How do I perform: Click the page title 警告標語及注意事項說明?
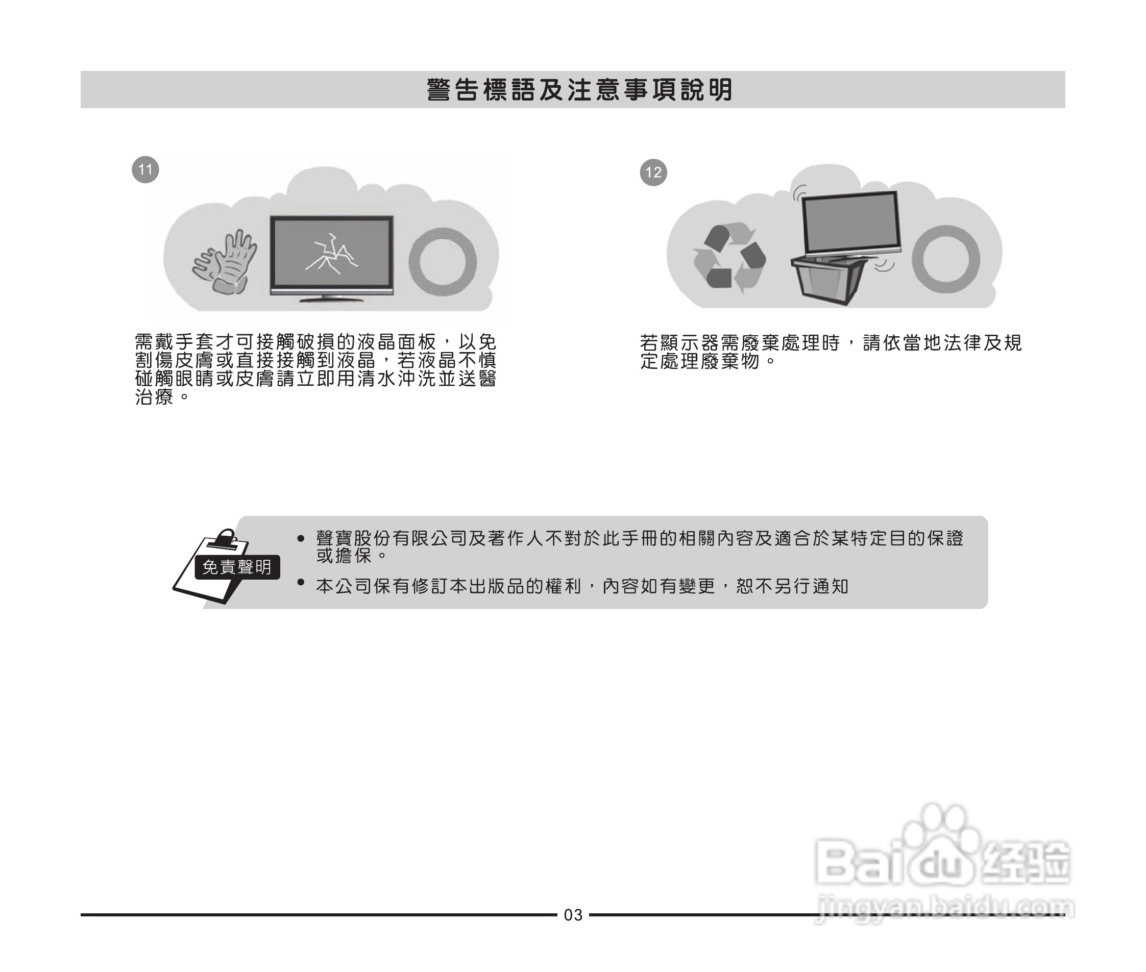pos(579,90)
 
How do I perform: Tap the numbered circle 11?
pos(145,169)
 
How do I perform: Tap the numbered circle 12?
pos(653,172)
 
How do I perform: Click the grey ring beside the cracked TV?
pos(443,262)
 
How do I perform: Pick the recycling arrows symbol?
pos(729,258)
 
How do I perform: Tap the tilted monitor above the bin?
pos(850,223)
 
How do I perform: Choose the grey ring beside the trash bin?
pos(946,259)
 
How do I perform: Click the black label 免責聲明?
pos(237,567)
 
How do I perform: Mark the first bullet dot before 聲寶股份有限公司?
pos(301,538)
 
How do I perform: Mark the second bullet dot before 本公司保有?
pos(301,582)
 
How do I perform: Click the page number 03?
pos(573,915)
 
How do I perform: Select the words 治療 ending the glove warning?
pos(155,397)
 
